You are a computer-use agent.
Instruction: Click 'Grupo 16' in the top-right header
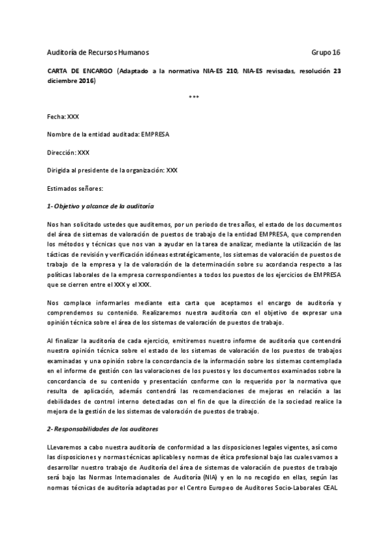point(326,52)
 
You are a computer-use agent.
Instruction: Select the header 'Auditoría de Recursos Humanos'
point(102,52)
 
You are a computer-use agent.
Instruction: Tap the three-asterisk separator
point(194,98)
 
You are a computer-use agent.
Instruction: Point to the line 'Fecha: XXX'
point(63,117)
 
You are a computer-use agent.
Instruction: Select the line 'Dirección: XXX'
point(68,152)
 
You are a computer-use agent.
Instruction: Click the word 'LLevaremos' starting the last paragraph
point(66,448)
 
